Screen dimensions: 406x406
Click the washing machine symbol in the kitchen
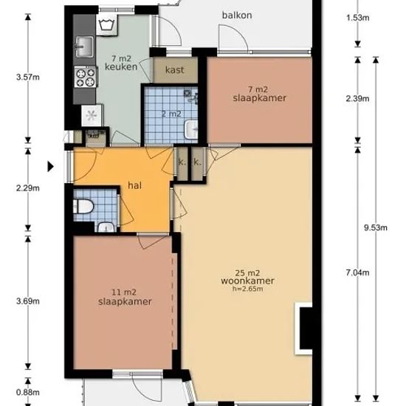pos(107,25)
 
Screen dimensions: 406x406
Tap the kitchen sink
pos(84,47)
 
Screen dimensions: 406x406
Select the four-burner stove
pos(86,78)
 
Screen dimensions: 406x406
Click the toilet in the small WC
pos(83,207)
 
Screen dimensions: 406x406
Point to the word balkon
pos(237,15)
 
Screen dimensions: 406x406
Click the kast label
pos(175,69)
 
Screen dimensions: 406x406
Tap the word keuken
pos(121,66)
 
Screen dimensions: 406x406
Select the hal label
pos(134,185)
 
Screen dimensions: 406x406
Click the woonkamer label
pos(247,281)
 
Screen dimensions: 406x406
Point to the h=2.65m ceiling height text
pos(247,289)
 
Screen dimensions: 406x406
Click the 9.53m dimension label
pos(376,227)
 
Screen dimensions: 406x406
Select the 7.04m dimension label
pos(357,272)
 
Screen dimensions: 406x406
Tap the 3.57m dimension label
pos(28,77)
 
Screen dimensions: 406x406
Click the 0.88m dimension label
pos(28,392)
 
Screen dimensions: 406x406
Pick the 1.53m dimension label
pos(357,18)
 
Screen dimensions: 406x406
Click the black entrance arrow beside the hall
pos(50,166)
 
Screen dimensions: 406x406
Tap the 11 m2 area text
pos(124,292)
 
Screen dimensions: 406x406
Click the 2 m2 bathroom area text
pos(171,114)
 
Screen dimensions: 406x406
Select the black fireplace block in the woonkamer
pos(306,328)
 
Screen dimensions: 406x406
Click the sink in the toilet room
pos(106,227)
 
